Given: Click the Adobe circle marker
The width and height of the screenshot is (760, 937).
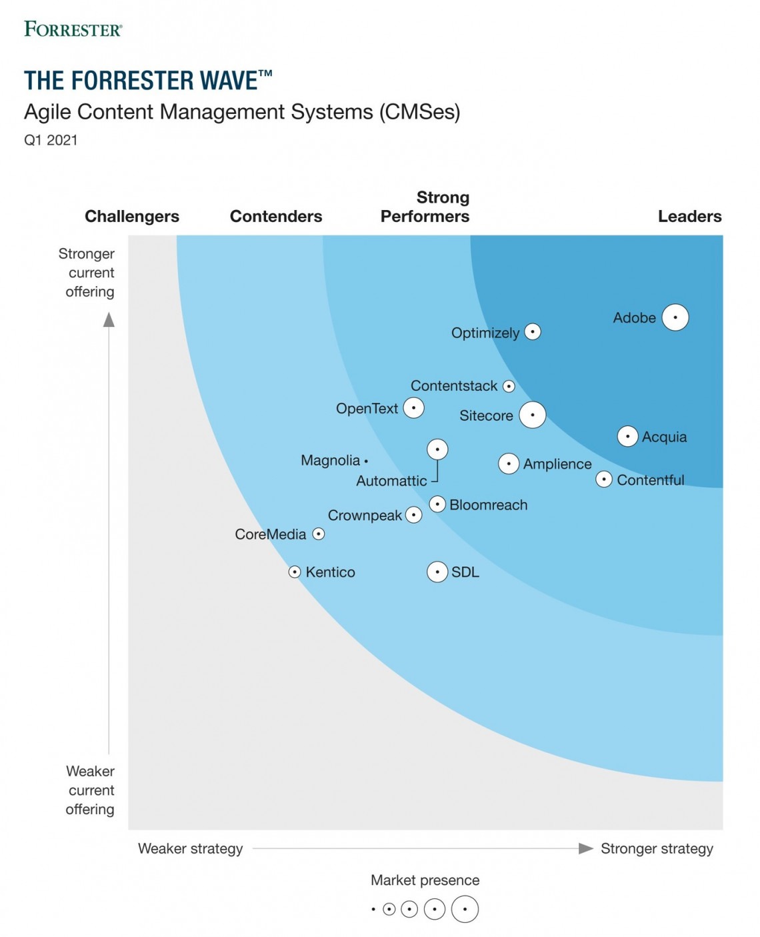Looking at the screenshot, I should point(675,317).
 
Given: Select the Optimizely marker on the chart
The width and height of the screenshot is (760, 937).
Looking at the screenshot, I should point(532,331).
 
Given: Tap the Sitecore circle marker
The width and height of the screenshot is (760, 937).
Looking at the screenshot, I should point(532,415).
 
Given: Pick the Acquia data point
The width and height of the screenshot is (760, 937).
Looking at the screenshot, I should point(627,436).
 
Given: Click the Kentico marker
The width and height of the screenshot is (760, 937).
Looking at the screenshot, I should point(295,572).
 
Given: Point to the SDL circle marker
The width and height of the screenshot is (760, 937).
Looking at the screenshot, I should point(437,572).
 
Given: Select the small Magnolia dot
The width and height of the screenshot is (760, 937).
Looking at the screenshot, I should point(366,461).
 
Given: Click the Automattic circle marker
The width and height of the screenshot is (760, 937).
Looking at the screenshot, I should point(437,449).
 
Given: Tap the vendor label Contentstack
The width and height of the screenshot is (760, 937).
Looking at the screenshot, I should point(453,386).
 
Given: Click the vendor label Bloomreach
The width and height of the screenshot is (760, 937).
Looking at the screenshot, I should point(488,505).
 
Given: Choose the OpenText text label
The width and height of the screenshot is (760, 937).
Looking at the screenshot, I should point(367,408).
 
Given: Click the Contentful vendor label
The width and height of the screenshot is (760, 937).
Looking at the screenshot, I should point(650,480).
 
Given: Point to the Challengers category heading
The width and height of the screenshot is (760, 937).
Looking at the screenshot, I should point(132,216).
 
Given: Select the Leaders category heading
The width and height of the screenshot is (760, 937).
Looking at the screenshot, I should point(689,216).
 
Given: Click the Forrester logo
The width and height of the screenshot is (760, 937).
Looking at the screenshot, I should point(73,29).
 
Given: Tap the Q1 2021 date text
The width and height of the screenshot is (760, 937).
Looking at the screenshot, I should point(51,140).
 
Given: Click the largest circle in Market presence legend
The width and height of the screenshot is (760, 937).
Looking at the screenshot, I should point(465,909).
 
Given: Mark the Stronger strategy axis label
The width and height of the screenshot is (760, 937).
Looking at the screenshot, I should point(657,848).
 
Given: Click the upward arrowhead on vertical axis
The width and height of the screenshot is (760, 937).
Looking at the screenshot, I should point(109,320).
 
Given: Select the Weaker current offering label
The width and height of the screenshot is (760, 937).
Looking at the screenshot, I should point(90,790).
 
